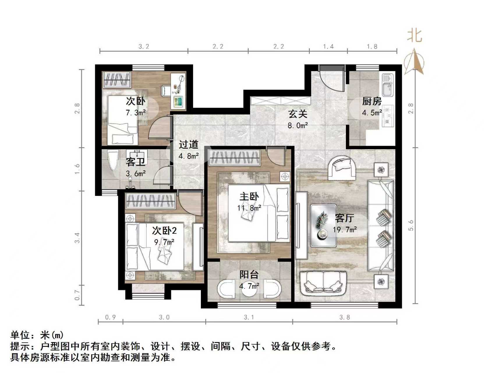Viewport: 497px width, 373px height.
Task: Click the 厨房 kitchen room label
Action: [372, 101]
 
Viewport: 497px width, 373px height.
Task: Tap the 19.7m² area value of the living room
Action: [345, 230]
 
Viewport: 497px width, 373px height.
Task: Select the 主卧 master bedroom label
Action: [249, 197]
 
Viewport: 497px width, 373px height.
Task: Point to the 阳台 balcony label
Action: [249, 275]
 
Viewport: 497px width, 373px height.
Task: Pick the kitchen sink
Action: [388, 85]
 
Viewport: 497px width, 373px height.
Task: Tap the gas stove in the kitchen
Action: [388, 116]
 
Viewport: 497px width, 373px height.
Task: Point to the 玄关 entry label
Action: [298, 114]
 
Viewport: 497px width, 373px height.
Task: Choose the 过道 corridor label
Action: [188, 145]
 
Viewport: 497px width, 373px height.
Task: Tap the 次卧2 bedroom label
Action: [164, 231]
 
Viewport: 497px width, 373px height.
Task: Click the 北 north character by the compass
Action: [414, 36]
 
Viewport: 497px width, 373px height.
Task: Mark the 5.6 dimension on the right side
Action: [411, 225]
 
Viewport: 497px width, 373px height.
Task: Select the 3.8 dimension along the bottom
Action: [344, 317]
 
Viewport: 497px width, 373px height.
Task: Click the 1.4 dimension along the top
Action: [328, 46]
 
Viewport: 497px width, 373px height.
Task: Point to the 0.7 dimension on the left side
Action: [77, 295]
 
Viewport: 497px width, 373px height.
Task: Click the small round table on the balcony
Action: [249, 289]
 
